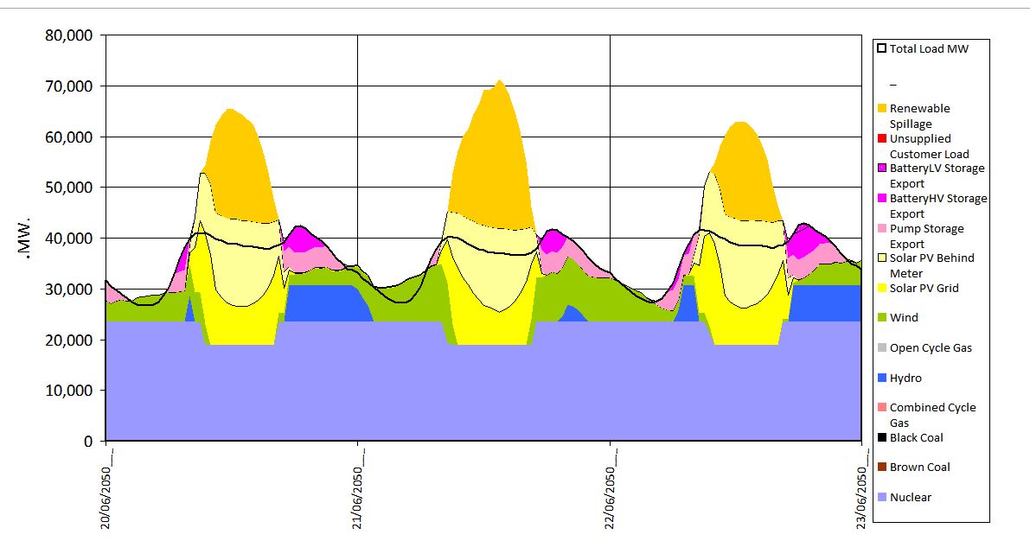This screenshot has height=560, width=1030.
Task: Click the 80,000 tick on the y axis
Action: click(68, 36)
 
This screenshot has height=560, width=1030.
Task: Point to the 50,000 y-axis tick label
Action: click(68, 188)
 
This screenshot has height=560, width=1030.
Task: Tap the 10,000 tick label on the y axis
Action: click(68, 391)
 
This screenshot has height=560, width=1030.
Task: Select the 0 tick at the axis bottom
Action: click(87, 442)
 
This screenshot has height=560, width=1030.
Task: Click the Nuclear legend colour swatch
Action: click(881, 498)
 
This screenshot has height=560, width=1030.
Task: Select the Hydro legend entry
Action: click(905, 379)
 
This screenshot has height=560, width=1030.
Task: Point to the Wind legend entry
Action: click(904, 318)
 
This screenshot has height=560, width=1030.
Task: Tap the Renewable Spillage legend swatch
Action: click(881, 109)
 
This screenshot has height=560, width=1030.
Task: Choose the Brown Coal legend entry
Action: click(919, 468)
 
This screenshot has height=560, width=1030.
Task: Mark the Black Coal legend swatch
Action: click(881, 438)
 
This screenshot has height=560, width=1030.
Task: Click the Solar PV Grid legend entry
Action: click(924, 289)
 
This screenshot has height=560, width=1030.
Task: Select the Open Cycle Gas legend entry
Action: click(931, 348)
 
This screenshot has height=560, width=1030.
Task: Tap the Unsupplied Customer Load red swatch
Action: click(881, 139)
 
